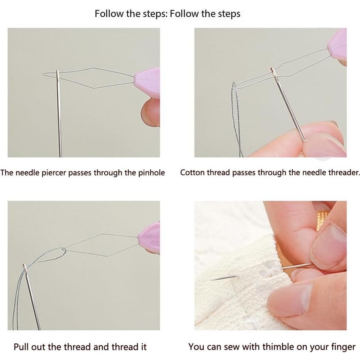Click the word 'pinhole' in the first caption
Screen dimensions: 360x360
pos(151,173)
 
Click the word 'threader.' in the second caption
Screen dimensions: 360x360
pos(344,172)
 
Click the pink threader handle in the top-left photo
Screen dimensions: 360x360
pos(147,83)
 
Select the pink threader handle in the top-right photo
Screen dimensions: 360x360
pos(337,44)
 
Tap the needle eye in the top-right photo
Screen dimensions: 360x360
pos(273,72)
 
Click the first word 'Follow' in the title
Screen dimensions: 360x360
pos(109,14)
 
